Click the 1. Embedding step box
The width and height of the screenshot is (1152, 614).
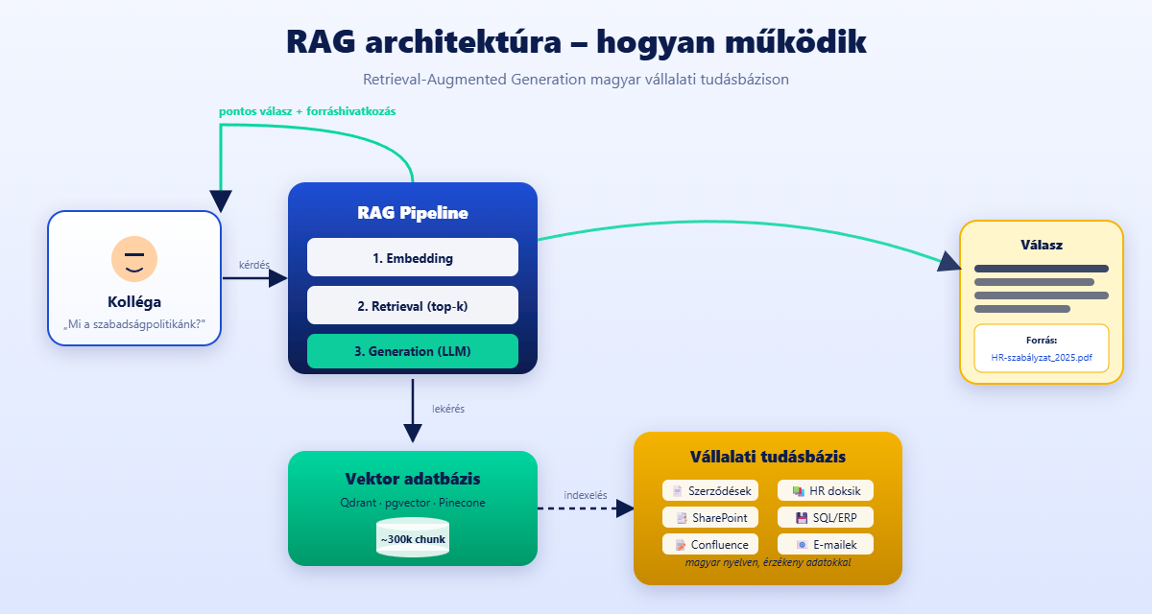click(413, 258)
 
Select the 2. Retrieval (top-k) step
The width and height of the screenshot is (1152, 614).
click(413, 305)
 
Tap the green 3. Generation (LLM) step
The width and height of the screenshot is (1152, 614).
click(413, 351)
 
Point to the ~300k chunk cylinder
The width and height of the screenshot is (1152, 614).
click(413, 538)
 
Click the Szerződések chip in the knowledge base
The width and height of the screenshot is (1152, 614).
click(710, 490)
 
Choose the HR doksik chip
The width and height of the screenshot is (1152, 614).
click(826, 490)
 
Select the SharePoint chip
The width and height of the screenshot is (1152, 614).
click(710, 517)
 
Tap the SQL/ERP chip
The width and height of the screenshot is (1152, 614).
click(826, 517)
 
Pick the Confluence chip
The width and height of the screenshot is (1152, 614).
click(710, 544)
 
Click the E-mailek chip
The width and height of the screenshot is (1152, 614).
click(826, 544)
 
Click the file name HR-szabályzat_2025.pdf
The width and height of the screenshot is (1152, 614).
click(1042, 357)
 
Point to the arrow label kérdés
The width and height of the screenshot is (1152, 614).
click(254, 265)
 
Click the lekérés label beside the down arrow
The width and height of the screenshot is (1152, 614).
click(448, 409)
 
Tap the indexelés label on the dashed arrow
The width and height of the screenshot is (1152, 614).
click(586, 495)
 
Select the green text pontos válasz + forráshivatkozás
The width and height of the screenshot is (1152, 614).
click(307, 111)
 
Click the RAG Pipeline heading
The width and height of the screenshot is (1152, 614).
click(413, 213)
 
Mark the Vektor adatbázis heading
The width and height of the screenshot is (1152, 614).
click(413, 479)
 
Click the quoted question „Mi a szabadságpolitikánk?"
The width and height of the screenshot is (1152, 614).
click(134, 324)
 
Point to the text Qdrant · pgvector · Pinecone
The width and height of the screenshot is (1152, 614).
click(413, 502)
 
